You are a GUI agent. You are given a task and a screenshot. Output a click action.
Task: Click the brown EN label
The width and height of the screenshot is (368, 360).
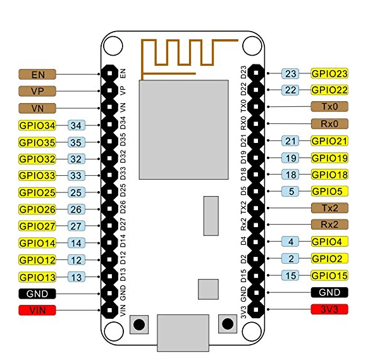(38, 73)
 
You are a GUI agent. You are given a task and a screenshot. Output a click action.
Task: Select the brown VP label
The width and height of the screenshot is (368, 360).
(38, 90)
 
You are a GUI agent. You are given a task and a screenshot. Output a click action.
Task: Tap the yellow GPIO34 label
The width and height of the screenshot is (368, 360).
(38, 125)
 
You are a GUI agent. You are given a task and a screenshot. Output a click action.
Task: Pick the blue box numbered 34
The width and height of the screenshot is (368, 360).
(77, 125)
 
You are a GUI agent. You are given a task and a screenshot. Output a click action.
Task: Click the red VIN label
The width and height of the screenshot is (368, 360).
(38, 310)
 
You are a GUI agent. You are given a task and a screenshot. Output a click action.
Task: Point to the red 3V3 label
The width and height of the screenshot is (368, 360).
(329, 309)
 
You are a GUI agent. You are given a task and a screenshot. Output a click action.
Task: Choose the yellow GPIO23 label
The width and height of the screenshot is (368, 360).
(329, 73)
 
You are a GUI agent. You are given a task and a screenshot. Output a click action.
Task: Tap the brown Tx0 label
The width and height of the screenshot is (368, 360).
(329, 107)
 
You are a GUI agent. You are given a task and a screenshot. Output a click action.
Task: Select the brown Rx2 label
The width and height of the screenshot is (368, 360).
(329, 225)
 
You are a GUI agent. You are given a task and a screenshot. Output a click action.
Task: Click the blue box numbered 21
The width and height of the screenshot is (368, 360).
(290, 141)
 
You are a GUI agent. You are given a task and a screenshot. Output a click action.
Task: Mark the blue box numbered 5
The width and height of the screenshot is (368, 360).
(290, 191)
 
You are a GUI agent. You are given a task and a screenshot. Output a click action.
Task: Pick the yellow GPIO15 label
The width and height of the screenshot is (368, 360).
(329, 275)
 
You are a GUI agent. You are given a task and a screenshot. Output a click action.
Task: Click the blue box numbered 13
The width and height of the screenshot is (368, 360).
(77, 276)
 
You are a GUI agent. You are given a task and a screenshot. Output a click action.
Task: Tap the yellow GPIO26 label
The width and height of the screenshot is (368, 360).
(38, 209)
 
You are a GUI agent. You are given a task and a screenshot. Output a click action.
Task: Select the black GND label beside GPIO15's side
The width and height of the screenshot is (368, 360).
(329, 292)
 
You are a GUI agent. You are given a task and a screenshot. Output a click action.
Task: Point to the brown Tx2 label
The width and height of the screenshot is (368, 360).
(329, 208)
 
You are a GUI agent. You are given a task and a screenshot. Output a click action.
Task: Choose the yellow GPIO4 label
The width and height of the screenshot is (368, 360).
(329, 242)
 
